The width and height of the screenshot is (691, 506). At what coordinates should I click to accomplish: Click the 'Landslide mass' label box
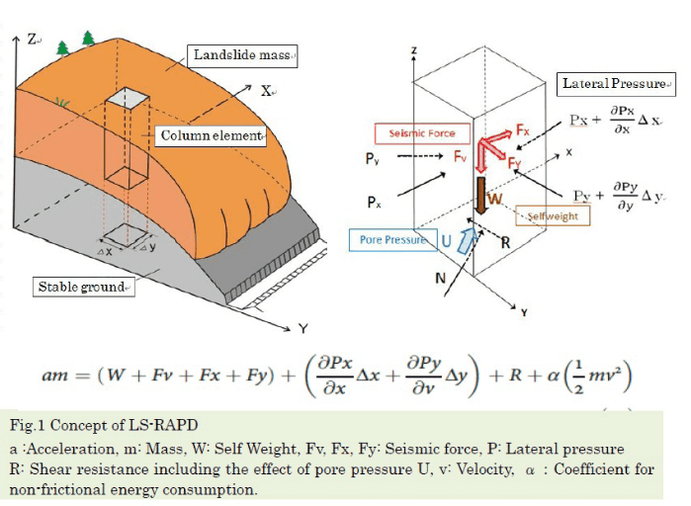click(x=242, y=56)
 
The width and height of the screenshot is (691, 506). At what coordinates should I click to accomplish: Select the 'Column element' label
click(x=211, y=136)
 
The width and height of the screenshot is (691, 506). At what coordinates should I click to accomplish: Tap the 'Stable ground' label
click(x=84, y=288)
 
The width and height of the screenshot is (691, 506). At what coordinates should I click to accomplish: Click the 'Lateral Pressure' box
click(x=616, y=84)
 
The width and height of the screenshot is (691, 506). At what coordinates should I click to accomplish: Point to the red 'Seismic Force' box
click(x=422, y=133)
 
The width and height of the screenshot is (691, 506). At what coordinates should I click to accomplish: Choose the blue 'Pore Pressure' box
click(x=393, y=240)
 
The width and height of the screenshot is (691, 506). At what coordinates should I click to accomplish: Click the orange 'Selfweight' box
click(x=553, y=216)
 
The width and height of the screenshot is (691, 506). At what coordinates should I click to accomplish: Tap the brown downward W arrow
click(x=481, y=196)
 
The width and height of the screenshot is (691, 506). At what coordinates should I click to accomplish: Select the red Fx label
click(x=523, y=130)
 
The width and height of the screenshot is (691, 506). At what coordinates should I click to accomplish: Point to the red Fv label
click(x=460, y=156)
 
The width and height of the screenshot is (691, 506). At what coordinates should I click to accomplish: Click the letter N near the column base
click(x=440, y=279)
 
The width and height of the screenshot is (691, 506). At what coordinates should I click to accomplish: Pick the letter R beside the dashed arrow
click(x=505, y=243)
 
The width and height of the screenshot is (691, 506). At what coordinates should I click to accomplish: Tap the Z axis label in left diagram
click(x=32, y=40)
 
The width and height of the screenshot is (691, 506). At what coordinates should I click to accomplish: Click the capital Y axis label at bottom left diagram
click(x=302, y=328)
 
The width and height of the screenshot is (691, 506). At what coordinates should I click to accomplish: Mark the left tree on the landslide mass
click(x=62, y=48)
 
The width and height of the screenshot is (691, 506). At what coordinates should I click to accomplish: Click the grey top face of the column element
click(x=127, y=97)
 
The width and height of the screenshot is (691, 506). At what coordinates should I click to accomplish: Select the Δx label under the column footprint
click(x=105, y=251)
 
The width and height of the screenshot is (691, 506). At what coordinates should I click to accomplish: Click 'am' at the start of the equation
click(x=54, y=376)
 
